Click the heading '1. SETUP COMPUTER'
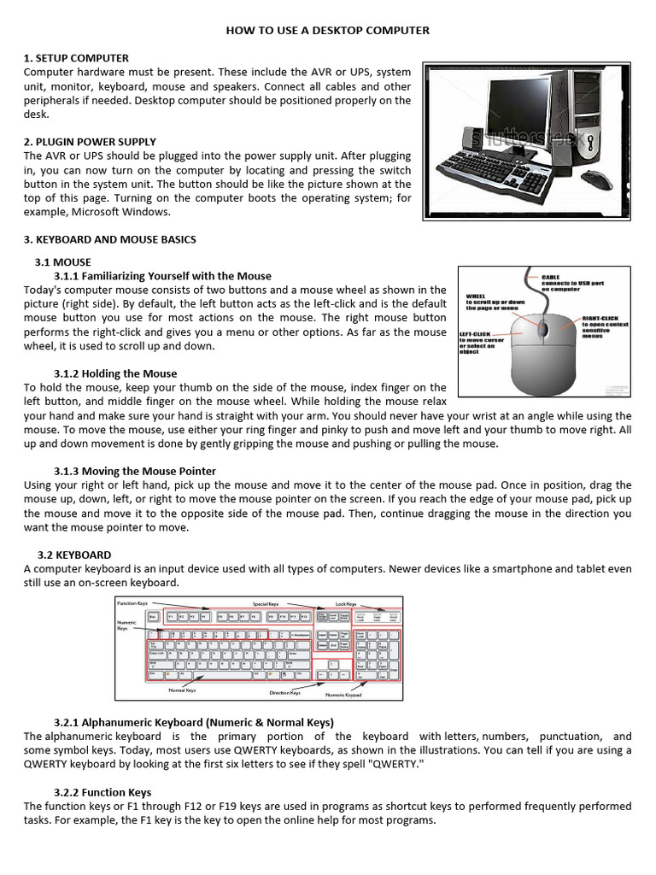(x=76, y=58)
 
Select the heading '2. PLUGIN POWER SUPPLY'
(x=90, y=142)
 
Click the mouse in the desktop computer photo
(x=601, y=179)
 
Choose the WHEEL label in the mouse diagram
(x=476, y=297)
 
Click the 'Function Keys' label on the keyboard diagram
(x=132, y=603)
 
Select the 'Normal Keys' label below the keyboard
(x=182, y=689)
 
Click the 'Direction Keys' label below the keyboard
(x=284, y=693)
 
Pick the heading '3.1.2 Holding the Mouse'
(x=115, y=373)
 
